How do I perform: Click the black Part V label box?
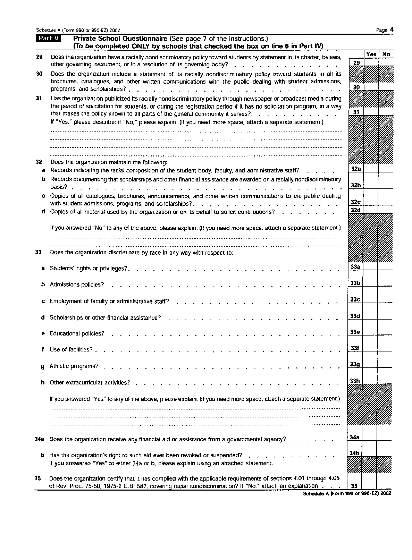pos(49,39)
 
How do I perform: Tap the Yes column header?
pos(371,54)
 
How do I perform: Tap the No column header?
pos(386,54)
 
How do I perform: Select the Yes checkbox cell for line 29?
pos(371,62)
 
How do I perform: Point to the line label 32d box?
pos(355,210)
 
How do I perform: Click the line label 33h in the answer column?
pos(355,381)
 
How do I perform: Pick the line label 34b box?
pos(354,453)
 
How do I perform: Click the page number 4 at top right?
pos(392,29)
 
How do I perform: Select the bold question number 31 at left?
pos(39,98)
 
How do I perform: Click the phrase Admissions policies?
pos(77,285)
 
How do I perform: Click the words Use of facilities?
pos(71,350)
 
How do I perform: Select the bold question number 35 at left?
pos(38,478)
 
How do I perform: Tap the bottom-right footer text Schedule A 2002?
pos(347,493)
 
